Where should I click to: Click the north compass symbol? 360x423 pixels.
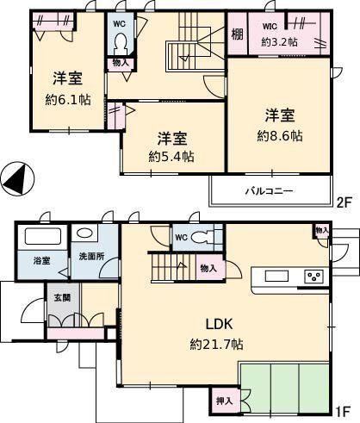(x=17, y=179)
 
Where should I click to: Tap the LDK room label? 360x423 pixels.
(x=219, y=324)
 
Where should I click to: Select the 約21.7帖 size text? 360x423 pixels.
(x=216, y=344)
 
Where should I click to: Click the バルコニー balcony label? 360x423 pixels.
(x=269, y=190)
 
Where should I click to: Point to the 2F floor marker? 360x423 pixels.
(x=344, y=203)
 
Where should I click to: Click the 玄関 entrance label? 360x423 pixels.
(x=62, y=298)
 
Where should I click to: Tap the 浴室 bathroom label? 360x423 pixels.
(x=42, y=261)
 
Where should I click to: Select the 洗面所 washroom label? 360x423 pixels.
(x=91, y=257)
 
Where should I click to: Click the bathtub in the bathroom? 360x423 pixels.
(x=43, y=236)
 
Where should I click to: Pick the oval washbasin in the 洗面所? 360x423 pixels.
(x=84, y=233)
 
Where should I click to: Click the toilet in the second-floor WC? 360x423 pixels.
(x=120, y=45)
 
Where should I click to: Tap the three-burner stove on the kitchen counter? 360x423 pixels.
(x=313, y=277)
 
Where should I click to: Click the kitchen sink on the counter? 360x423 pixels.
(x=276, y=277)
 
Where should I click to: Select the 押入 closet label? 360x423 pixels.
(x=224, y=401)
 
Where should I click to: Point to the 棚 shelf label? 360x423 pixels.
(x=238, y=34)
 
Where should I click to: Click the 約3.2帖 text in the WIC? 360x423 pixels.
(x=279, y=42)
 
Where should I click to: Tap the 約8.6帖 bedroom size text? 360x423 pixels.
(x=280, y=135)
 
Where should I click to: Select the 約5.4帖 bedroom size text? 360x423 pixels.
(x=171, y=157)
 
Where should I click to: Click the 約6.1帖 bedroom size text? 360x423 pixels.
(x=68, y=100)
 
